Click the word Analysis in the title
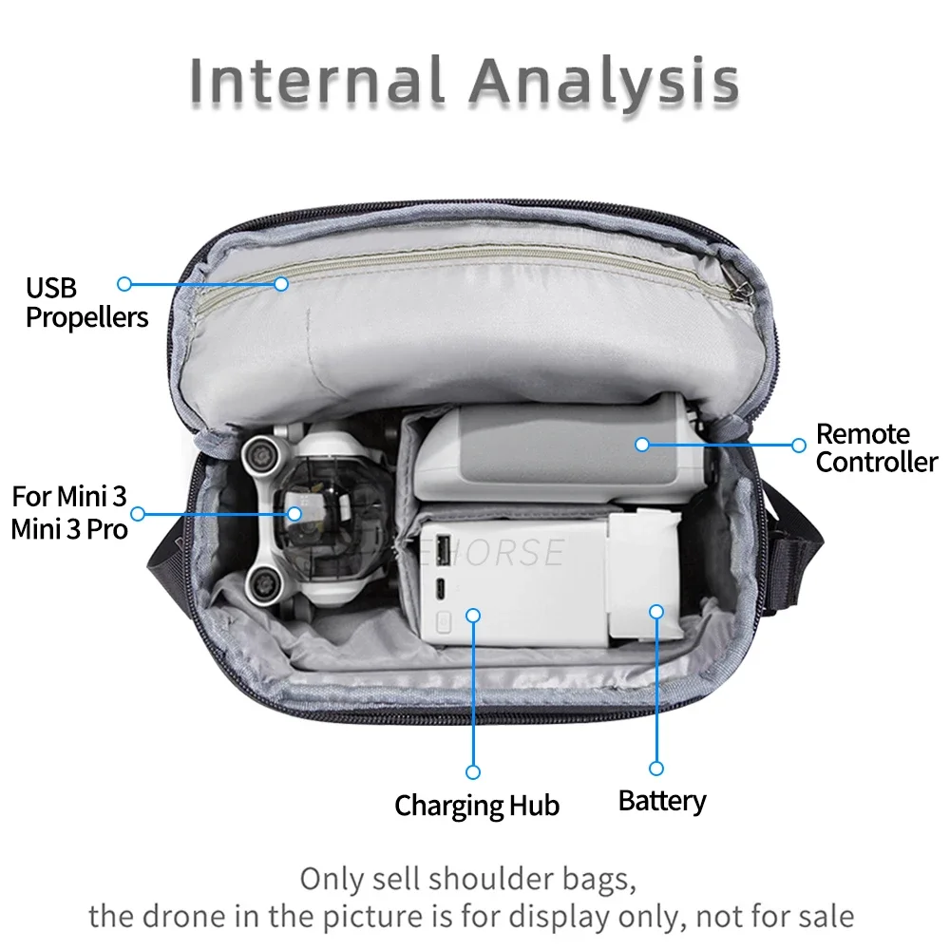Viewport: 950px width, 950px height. tap(605, 81)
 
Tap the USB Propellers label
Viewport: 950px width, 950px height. tap(86, 302)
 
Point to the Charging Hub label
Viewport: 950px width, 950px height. tap(477, 806)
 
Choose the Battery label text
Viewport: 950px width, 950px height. tap(662, 801)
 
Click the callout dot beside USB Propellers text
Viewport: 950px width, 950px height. tap(123, 283)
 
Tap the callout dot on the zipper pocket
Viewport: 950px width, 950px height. tap(281, 283)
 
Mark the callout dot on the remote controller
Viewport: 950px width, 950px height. tap(642, 444)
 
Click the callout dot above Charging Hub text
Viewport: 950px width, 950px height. tap(473, 772)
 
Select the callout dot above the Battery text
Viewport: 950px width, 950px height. tap(655, 768)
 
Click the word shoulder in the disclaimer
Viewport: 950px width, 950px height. tap(474, 879)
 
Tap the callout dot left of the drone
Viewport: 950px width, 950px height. tap(138, 514)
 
